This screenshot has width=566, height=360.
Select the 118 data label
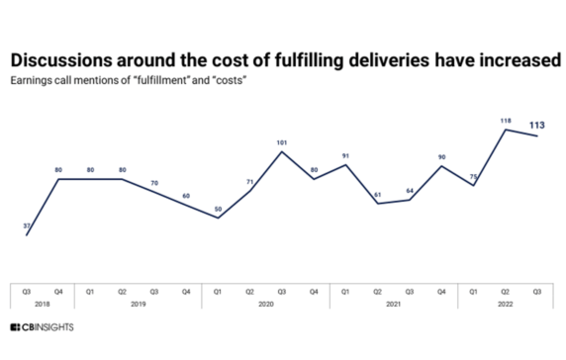507,121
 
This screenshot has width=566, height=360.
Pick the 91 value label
346,154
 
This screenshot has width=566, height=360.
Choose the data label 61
377,193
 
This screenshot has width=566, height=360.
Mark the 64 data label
410,190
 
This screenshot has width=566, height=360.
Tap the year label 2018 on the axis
42,304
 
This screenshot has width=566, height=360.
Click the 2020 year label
266,304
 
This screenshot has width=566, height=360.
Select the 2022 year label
507,304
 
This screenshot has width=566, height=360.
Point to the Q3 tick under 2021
410,290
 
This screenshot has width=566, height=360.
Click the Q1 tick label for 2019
90,290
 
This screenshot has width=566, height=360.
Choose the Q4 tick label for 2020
315,290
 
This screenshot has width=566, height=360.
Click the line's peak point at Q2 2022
507,130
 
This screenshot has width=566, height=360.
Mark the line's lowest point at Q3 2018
27,234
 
